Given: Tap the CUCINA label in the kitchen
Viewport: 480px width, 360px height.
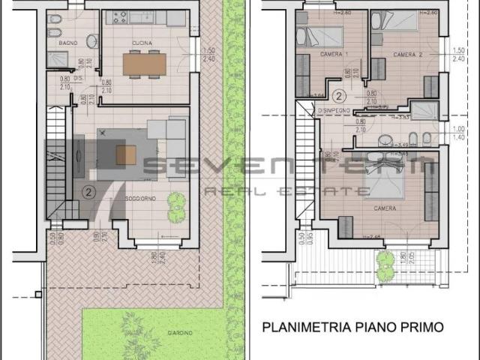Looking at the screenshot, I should (142, 43).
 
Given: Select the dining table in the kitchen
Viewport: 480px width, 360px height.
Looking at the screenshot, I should (143, 64).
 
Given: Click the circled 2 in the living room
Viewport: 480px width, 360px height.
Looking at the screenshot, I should (88, 192).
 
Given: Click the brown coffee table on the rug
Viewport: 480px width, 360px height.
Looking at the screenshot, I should (126, 154).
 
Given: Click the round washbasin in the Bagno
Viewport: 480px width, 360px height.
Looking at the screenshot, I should (92, 41).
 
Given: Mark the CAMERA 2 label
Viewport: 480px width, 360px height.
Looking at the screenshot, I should (406, 55).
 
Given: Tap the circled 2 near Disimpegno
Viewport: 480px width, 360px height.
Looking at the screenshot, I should (339, 96).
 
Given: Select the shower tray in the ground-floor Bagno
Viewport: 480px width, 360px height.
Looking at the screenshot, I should (58, 58).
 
